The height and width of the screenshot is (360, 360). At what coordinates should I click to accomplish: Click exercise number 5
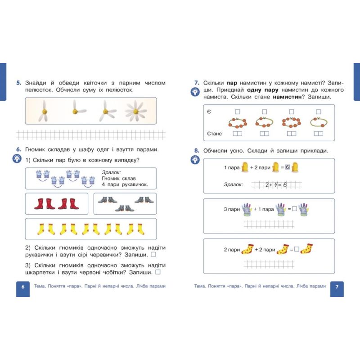[18, 83]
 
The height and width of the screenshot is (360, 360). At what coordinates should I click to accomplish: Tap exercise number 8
[197, 151]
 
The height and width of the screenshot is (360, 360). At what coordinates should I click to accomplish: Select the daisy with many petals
[136, 111]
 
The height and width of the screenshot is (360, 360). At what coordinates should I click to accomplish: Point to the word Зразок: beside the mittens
[111, 172]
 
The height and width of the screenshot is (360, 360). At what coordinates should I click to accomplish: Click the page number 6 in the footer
[23, 287]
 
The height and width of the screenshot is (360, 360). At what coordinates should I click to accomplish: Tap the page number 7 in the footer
[337, 287]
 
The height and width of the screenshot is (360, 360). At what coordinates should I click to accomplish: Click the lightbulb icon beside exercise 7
[195, 92]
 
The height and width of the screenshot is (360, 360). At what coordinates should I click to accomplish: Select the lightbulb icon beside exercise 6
[17, 159]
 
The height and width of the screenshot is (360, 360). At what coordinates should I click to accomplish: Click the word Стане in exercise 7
[215, 134]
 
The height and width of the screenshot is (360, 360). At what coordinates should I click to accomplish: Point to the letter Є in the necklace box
[209, 112]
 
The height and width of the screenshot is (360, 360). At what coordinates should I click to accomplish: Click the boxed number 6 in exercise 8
[288, 167]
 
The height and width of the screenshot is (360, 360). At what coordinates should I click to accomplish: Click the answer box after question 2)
[153, 254]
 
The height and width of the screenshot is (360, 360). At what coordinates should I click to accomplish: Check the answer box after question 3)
[158, 272]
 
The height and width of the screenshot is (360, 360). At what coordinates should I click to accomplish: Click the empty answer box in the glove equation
[294, 209]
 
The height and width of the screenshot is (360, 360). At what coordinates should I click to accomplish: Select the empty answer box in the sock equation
[297, 249]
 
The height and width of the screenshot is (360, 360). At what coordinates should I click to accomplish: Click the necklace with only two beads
[319, 122]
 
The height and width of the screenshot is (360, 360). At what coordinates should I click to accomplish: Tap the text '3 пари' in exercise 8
[232, 209]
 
